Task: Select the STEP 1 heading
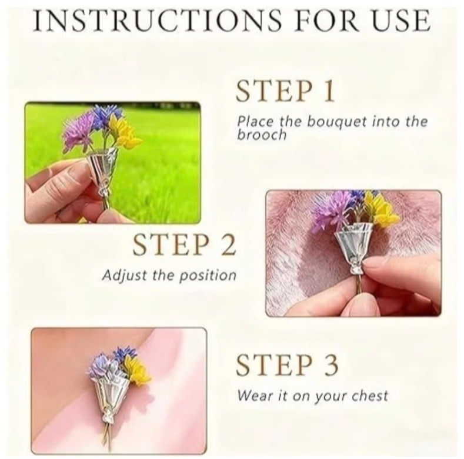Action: tap(285, 90)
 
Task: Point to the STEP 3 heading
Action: tap(287, 364)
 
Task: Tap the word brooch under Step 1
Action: tap(262, 135)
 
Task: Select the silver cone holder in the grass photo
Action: tap(103, 169)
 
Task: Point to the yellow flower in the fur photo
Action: tap(379, 209)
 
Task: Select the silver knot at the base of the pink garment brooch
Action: tap(106, 414)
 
